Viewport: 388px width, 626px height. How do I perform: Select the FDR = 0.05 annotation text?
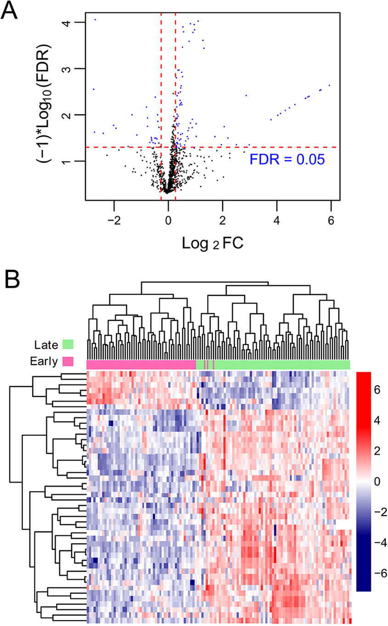click(287, 159)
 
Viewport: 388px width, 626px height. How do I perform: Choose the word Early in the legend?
click(42, 361)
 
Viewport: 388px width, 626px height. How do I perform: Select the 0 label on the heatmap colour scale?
click(377, 482)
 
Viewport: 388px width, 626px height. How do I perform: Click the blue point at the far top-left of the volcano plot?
click(95, 19)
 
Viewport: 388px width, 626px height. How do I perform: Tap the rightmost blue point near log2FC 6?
click(330, 85)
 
